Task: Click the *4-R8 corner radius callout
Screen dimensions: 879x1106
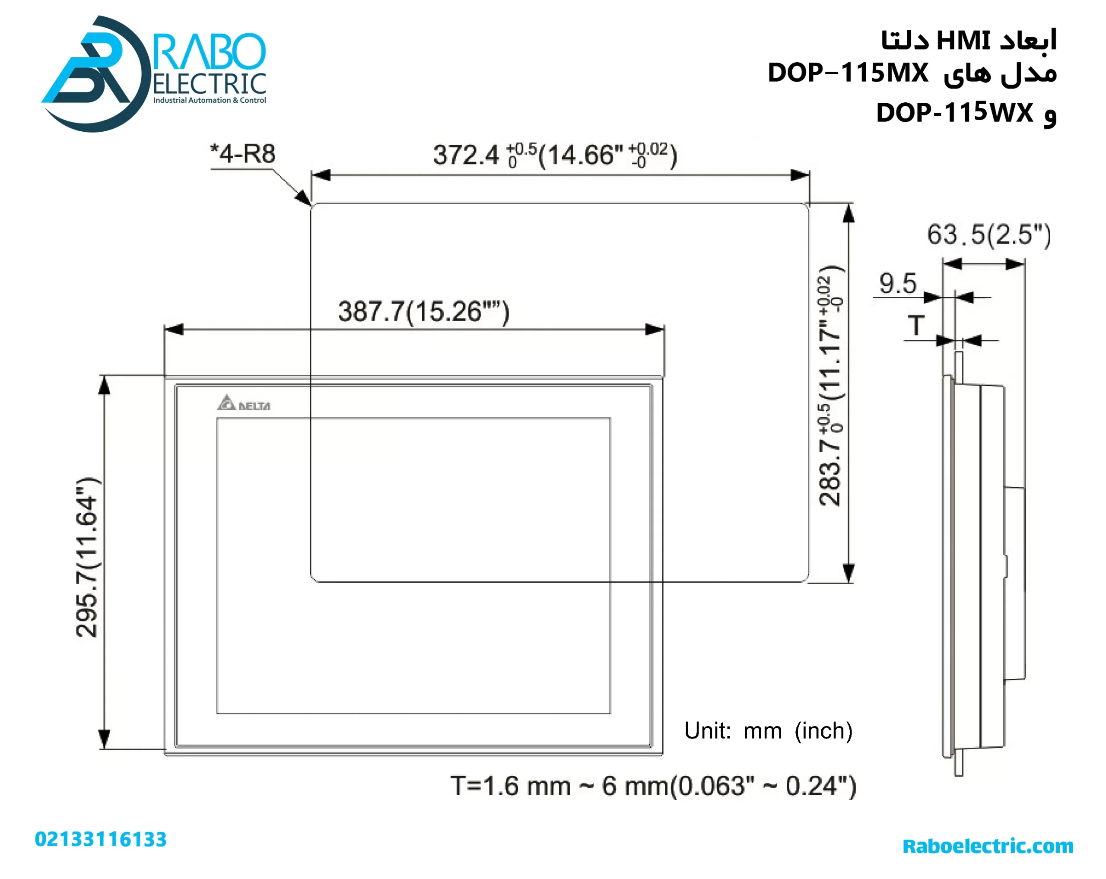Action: (x=243, y=154)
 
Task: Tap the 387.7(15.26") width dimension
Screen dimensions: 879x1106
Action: (x=423, y=311)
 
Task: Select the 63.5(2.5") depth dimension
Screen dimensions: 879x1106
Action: (x=988, y=235)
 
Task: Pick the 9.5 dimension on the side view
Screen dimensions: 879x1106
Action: (x=897, y=283)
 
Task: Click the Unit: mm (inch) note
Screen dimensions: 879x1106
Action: (x=768, y=730)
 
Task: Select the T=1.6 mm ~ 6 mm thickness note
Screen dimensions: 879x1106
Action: (x=652, y=786)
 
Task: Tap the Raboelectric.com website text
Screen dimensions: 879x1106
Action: (x=988, y=846)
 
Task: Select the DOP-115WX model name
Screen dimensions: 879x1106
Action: (x=954, y=112)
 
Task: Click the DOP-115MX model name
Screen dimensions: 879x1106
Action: (x=848, y=73)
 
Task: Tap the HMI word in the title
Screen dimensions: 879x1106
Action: (x=963, y=41)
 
